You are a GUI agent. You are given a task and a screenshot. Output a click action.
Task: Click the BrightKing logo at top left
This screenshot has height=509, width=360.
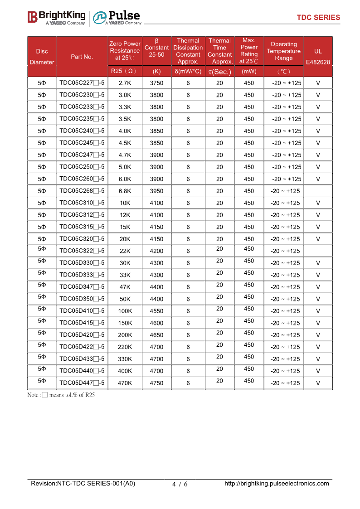tap(57, 17)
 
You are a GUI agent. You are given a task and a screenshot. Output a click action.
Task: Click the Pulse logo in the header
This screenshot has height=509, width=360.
tap(117, 17)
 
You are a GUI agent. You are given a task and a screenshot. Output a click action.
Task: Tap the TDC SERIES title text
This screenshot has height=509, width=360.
tap(318, 18)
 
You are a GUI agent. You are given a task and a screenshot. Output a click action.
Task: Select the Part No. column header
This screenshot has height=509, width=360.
tap(82, 57)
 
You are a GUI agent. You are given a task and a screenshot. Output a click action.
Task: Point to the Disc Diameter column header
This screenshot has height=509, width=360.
tap(42, 57)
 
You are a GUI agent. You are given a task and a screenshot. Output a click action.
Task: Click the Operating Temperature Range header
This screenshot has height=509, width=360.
tap(283, 51)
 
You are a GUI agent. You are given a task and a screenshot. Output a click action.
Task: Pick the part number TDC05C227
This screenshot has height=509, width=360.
tap(82, 83)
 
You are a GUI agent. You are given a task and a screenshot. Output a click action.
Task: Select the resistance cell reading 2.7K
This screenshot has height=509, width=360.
tap(125, 83)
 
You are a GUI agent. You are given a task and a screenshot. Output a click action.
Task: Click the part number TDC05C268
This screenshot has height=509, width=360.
tap(82, 191)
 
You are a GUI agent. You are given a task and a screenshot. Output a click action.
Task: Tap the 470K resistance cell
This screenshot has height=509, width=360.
tap(125, 383)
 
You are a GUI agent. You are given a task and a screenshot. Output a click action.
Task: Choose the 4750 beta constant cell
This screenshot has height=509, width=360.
tap(156, 383)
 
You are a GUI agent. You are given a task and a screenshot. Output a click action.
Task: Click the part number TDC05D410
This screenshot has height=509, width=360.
tap(82, 311)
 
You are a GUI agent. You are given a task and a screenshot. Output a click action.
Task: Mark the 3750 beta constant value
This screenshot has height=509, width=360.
tap(156, 83)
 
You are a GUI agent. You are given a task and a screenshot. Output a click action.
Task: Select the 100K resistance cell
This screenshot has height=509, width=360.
tap(125, 311)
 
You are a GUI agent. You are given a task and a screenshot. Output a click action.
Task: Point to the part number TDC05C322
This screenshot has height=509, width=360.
tap(82, 251)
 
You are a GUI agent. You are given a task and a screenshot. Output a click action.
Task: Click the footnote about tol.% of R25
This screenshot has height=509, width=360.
tap(61, 395)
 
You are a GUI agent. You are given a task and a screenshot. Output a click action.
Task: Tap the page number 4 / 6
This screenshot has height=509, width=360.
tap(180, 484)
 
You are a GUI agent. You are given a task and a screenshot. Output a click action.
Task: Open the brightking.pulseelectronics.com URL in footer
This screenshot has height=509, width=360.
tap(277, 484)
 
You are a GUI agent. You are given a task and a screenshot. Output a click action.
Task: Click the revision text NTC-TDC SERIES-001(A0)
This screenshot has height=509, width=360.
tap(83, 484)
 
